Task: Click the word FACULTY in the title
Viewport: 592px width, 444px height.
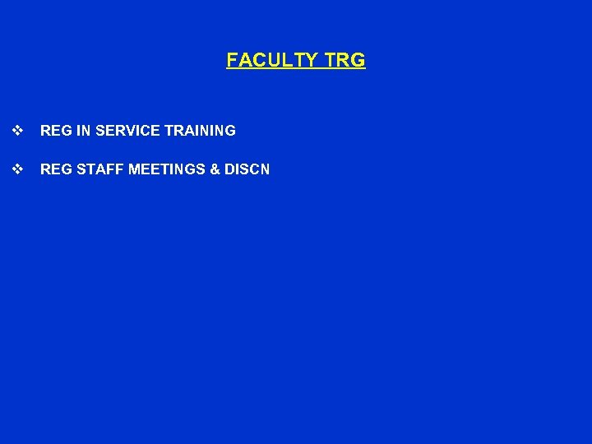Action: [x=273, y=60]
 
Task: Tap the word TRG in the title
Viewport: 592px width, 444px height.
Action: [x=345, y=60]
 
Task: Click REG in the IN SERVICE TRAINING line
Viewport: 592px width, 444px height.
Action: [x=54, y=130]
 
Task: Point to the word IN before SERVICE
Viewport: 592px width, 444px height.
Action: [x=80, y=130]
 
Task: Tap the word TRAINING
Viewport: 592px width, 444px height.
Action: [x=200, y=130]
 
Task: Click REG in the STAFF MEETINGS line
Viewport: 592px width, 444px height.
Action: [x=54, y=169]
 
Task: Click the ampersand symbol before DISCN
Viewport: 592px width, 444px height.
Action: [x=215, y=169]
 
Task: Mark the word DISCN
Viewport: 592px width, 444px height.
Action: [x=247, y=169]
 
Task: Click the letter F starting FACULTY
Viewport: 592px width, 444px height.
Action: [x=232, y=60]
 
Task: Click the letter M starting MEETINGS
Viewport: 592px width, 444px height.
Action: [x=134, y=169]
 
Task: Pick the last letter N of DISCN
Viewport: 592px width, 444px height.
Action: [x=265, y=169]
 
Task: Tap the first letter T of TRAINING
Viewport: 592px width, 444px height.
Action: [x=169, y=130]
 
